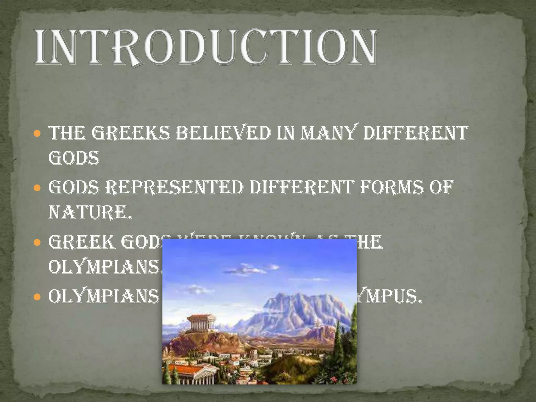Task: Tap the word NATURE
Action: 90,213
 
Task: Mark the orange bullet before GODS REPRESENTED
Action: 38,188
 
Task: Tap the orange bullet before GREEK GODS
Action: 38,243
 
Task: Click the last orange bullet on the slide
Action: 38,297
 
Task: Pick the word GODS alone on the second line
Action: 74,158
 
